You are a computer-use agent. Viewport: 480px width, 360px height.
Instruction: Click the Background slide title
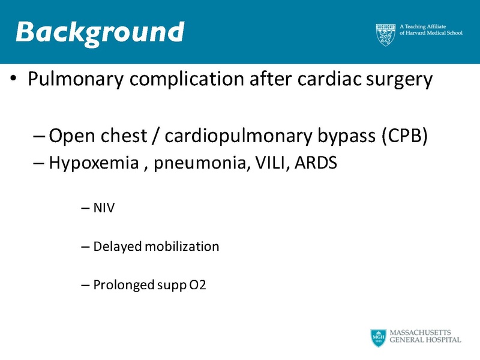click(100, 32)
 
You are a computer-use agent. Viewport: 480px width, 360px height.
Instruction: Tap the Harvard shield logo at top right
click(385, 35)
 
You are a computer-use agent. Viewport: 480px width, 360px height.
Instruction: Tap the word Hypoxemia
click(94, 163)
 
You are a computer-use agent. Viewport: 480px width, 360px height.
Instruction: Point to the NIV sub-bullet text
click(104, 209)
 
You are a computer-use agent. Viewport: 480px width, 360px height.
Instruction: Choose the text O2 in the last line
click(197, 285)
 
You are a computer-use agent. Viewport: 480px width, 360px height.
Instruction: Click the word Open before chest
click(68, 137)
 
